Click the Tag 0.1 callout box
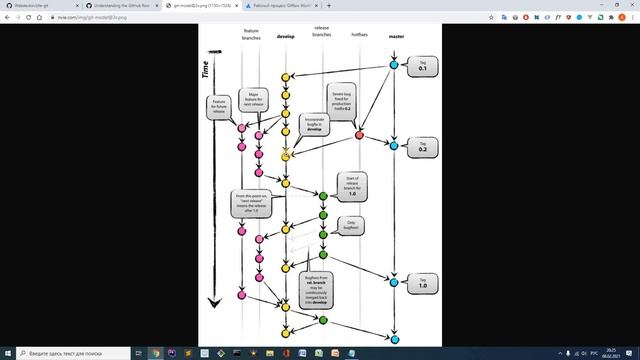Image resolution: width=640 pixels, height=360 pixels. pos(421,66)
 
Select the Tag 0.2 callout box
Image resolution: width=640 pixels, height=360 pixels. pos(422,146)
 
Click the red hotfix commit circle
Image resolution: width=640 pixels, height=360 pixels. pos(359,135)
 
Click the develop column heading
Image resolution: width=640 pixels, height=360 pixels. pos(285,37)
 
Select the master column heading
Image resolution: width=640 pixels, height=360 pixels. pos(395,37)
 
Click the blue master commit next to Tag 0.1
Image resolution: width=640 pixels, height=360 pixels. pos(394,66)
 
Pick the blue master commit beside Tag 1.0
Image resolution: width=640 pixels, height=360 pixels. pos(394,282)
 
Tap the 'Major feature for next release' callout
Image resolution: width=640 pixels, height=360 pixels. pos(253,100)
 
